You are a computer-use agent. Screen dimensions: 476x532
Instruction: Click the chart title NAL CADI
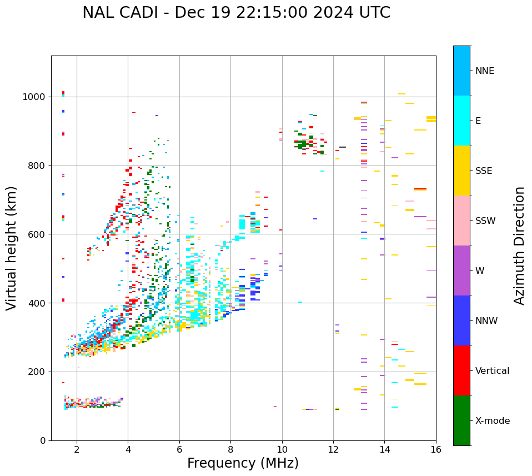[x=236, y=13]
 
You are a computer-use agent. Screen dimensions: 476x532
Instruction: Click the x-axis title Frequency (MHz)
[x=243, y=463]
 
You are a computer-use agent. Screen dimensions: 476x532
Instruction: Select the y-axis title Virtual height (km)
[x=12, y=248]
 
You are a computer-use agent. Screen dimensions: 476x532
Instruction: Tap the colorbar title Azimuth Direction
[x=519, y=245]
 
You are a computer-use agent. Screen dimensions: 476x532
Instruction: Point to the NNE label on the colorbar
[x=484, y=71]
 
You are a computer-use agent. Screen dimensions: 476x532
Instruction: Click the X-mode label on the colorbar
[x=492, y=421]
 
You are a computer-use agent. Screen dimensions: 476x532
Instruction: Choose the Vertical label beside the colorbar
[x=492, y=371]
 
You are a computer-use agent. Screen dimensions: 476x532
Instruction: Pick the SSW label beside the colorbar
[x=485, y=221]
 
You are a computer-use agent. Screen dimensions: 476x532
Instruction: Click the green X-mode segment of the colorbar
[x=461, y=420]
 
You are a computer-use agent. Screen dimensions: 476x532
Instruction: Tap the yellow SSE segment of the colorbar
[x=461, y=171]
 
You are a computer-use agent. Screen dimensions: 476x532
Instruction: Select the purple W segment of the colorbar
[x=461, y=270]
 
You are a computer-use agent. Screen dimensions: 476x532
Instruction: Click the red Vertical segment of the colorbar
[x=461, y=370]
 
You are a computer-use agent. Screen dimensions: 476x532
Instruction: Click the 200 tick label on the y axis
[x=38, y=372]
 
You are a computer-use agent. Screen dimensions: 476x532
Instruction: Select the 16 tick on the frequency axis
[x=436, y=449]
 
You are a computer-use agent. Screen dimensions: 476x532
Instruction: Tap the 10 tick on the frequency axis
[x=282, y=449]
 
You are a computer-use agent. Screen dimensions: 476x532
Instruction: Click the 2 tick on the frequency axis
[x=77, y=449]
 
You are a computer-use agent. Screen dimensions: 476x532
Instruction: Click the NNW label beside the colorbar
[x=486, y=321]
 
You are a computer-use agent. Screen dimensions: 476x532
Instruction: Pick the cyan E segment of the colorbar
[x=461, y=121]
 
